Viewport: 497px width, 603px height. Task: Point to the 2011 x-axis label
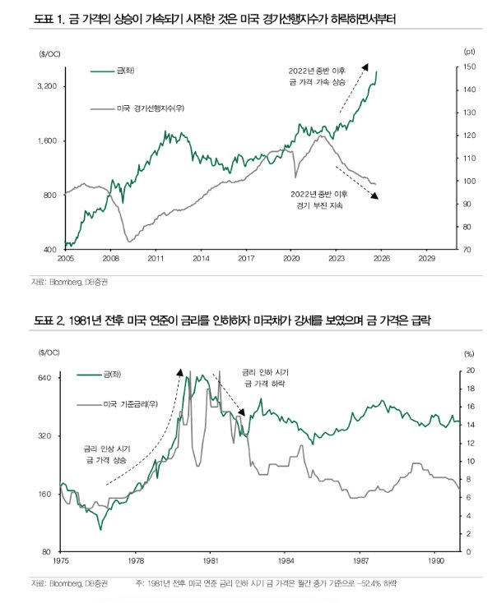tap(155, 258)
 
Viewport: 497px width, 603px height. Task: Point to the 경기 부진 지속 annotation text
tap(318, 205)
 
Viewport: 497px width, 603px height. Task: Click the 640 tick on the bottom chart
tap(44, 378)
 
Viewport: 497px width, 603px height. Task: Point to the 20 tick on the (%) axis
tap(470, 371)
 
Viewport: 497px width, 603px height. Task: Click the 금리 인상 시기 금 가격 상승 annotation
tap(107, 456)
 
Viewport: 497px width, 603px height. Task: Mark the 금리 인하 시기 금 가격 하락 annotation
tap(264, 379)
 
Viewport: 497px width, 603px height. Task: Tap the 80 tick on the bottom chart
tap(47, 551)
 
